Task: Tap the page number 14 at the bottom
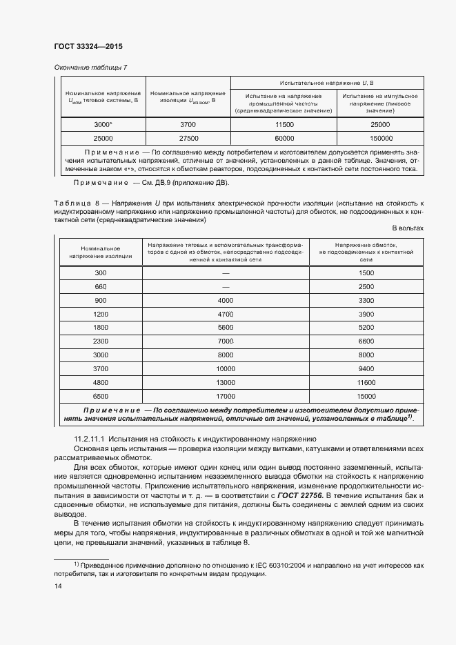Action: [58, 586]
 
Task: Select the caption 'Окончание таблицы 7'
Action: [90, 67]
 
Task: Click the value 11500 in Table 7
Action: [284, 124]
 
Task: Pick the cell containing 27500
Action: [187, 138]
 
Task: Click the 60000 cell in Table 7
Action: [284, 138]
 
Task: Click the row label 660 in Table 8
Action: [100, 287]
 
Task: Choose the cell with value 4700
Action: [226, 314]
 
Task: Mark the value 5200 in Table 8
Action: [366, 328]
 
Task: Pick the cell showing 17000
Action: [226, 396]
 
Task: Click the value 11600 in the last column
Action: [366, 382]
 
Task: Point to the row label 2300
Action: [100, 341]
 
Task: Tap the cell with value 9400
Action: [366, 368]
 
